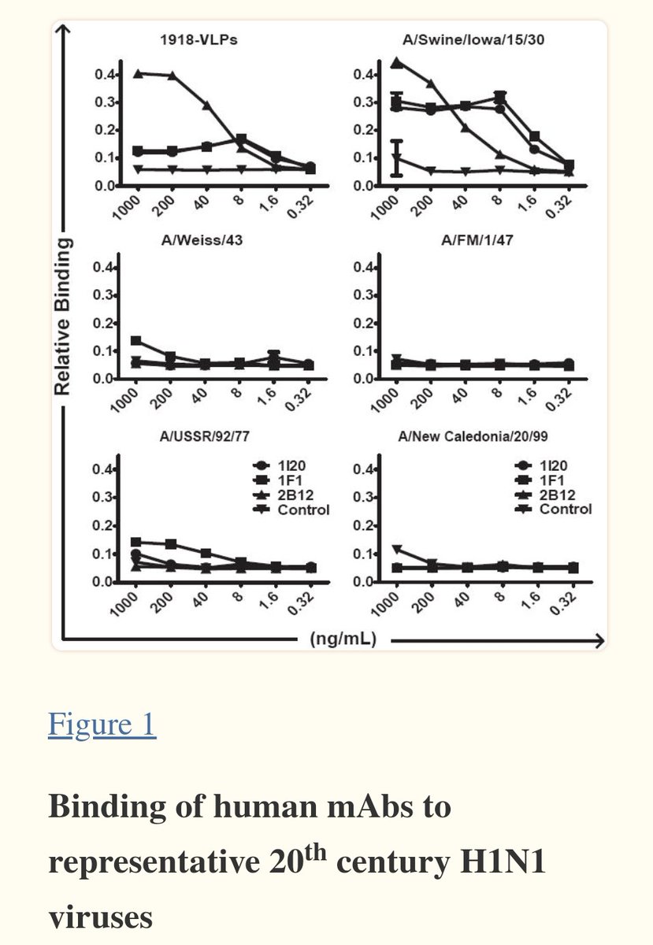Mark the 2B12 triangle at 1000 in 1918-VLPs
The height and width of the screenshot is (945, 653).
[x=138, y=73]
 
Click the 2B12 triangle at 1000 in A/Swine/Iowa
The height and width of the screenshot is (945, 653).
[x=396, y=62]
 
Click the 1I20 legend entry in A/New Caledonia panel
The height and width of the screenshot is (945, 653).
[x=557, y=467]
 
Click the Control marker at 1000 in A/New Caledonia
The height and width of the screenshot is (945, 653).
[x=396, y=549]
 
